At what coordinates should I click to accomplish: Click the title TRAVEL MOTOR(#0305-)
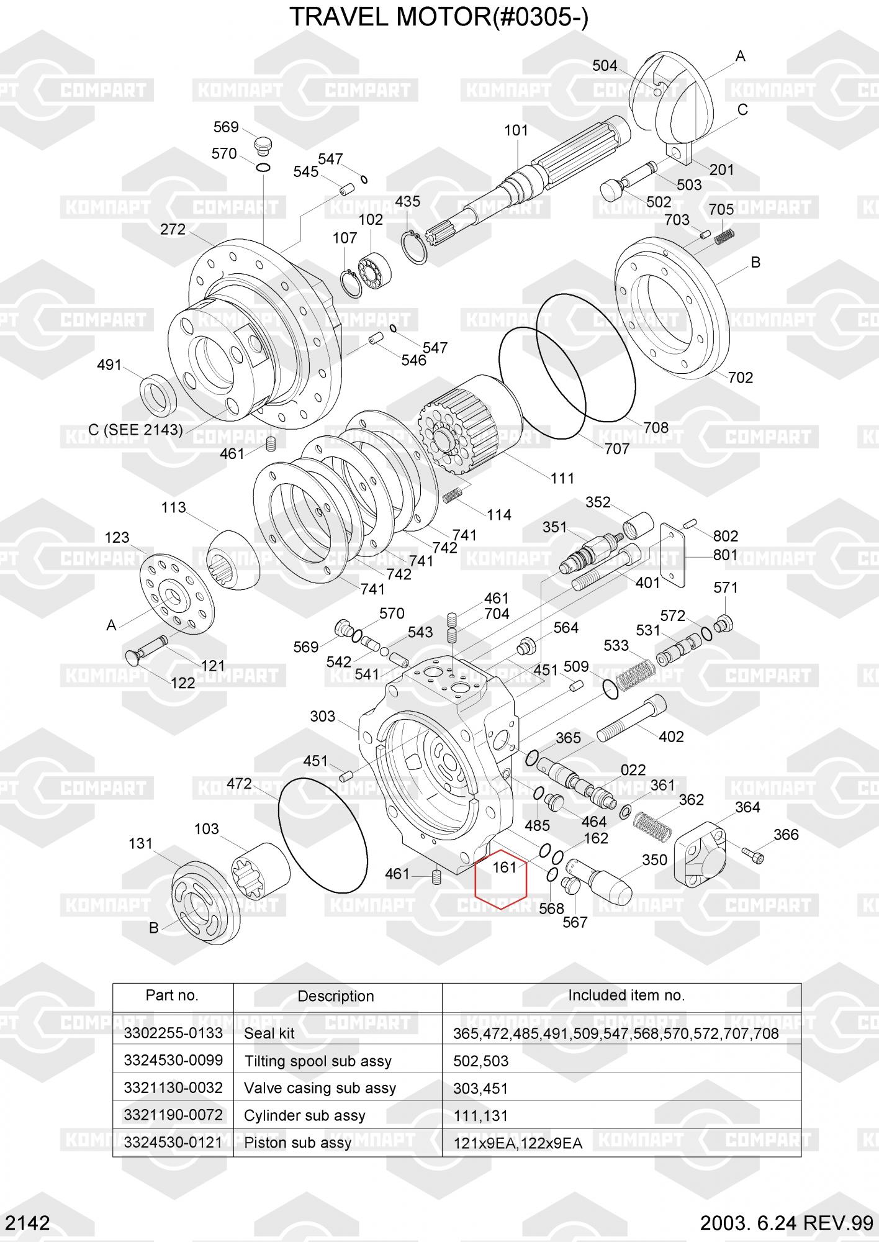click(x=439, y=17)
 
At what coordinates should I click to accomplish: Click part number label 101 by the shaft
click(x=516, y=130)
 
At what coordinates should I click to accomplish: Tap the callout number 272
click(x=173, y=229)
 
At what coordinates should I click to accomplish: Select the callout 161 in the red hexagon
click(x=504, y=867)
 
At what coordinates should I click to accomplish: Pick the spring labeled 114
click(x=454, y=495)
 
